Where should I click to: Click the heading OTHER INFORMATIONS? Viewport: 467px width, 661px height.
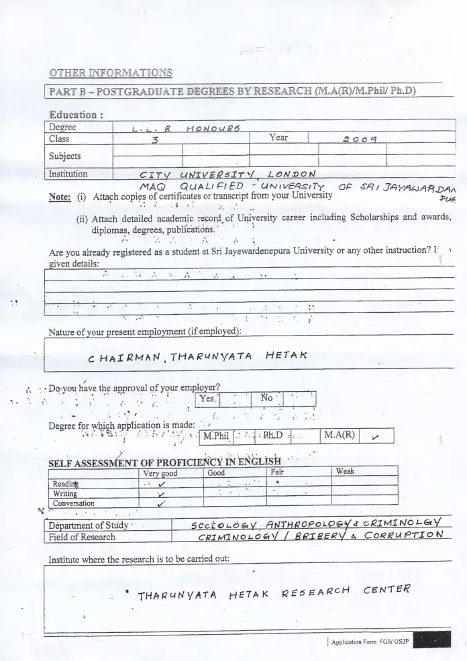111,72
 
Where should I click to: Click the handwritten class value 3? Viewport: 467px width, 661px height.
155,140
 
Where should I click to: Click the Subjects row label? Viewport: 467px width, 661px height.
64,156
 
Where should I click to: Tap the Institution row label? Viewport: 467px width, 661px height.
68,174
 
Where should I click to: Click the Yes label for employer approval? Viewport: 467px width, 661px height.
207,399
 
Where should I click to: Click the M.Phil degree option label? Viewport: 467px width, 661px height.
216,436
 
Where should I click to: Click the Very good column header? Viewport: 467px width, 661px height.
160,473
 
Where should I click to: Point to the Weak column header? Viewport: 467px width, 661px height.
345,472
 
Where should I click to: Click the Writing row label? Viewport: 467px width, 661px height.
65,493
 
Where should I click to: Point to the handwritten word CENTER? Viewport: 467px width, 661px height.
388,591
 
